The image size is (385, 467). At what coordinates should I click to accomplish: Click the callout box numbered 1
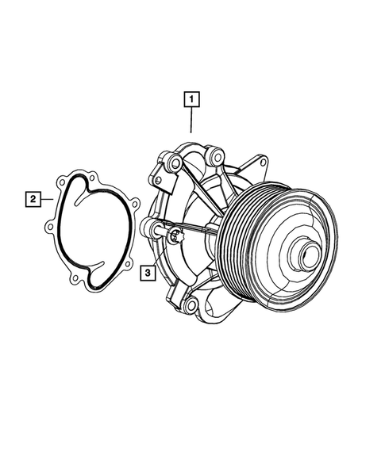pyautogui.click(x=191, y=100)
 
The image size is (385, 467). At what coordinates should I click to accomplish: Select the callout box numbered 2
pyautogui.click(x=33, y=198)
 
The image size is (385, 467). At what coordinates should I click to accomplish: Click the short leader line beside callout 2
pyautogui.click(x=47, y=198)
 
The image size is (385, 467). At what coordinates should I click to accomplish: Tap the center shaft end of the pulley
pyautogui.click(x=306, y=257)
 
